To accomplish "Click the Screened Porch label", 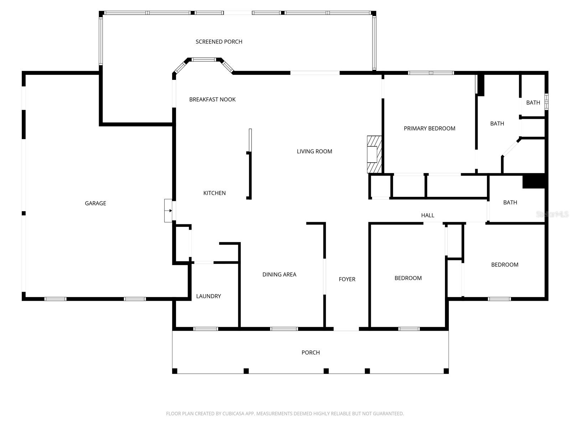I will click(x=219, y=42).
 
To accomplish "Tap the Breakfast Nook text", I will click(x=212, y=100).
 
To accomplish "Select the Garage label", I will click(x=95, y=203).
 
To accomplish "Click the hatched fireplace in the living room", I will click(x=374, y=154).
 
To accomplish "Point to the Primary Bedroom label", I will click(x=429, y=128).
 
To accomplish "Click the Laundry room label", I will click(x=208, y=296).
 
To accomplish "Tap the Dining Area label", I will click(x=279, y=274).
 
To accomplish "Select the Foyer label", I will click(x=347, y=279).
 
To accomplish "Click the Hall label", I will click(x=427, y=215).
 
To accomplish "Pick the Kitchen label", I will click(x=214, y=193).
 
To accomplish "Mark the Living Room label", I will click(x=314, y=151).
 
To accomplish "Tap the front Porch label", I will click(x=310, y=352).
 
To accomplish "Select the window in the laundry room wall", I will click(x=206, y=328).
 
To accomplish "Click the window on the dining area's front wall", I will click(x=284, y=328).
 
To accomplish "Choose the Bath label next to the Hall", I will click(x=510, y=202).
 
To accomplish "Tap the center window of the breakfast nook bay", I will click(x=204, y=60).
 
